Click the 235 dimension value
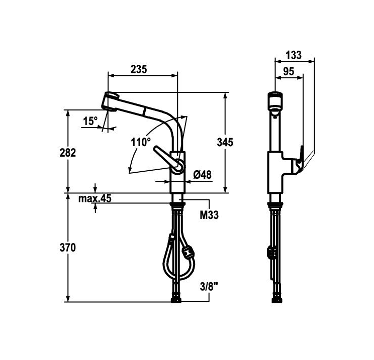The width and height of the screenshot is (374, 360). (x=139, y=69)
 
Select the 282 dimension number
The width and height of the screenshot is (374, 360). (x=67, y=153)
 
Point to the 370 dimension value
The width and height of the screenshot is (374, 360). (x=67, y=248)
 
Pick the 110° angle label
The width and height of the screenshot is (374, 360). (x=141, y=142)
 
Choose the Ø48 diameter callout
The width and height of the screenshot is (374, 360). (x=202, y=174)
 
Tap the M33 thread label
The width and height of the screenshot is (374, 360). (x=209, y=215)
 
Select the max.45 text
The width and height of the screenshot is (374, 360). (x=95, y=199)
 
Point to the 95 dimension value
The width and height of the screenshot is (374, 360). (x=288, y=71)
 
